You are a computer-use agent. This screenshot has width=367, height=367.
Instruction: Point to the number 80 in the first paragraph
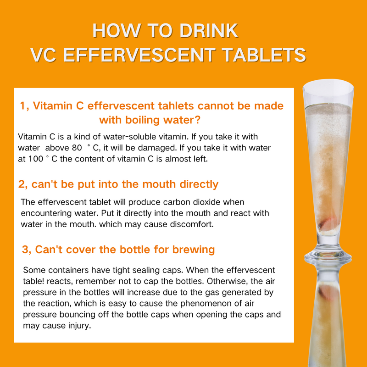coord(77,148)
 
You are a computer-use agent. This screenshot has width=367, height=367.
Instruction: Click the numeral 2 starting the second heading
coord(22,184)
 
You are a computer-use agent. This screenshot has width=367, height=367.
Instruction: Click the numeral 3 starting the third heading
coord(25,250)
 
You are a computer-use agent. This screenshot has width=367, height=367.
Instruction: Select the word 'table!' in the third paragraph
coord(33,281)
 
